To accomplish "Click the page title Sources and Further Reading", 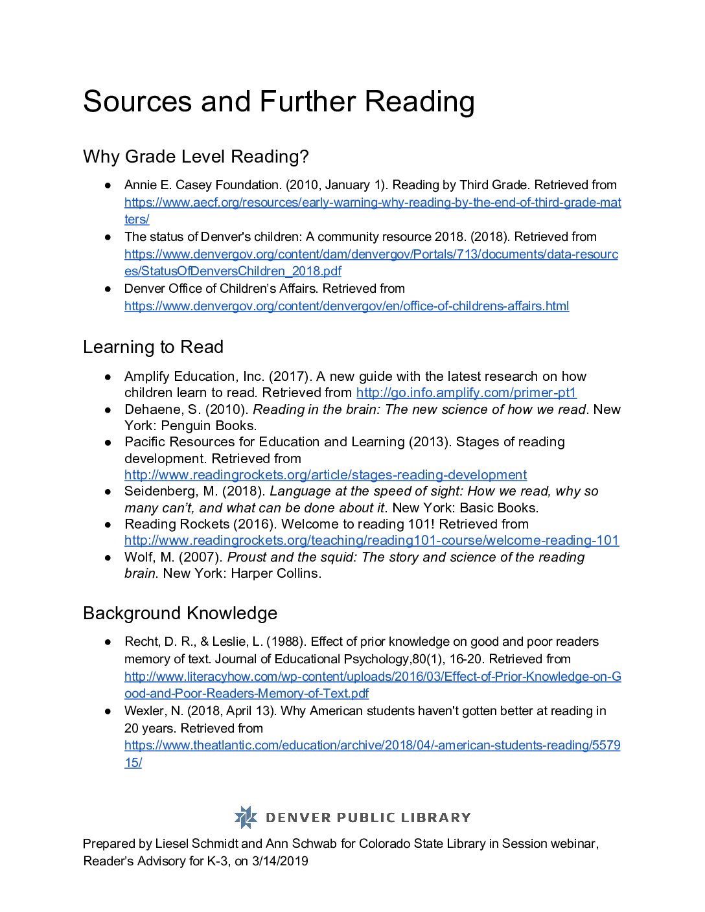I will point(279,102).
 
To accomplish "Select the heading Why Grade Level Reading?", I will point(196,157).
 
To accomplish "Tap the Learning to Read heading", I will point(153,347).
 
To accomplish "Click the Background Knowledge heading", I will point(180,613).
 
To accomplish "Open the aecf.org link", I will point(373,203).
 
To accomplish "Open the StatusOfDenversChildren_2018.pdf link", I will point(233,271).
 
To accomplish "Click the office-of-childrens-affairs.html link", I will point(347,306).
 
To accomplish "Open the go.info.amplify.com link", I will point(466,393).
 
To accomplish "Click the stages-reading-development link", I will point(325,475).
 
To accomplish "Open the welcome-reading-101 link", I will point(371,540).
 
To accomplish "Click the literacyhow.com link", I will point(373,677).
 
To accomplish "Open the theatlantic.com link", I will point(372,746).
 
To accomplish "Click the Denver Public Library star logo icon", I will point(246,817).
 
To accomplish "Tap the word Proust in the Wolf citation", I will point(247,557).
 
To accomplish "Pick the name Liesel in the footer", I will point(172,844).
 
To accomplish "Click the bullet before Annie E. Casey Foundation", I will point(109,185).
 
